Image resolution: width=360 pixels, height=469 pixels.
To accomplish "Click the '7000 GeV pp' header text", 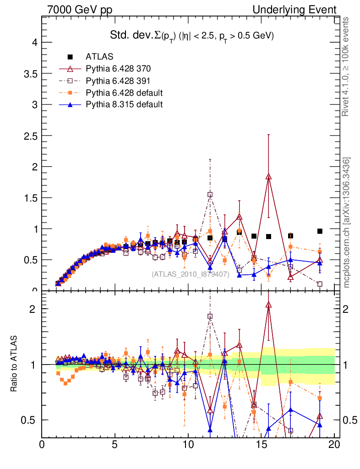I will tap(80, 10).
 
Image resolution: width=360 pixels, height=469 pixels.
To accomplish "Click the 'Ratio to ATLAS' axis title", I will tap(14, 365).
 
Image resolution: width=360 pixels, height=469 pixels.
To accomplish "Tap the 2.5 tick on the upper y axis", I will tap(31, 136).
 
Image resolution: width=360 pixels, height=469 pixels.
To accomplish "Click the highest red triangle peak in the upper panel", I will tap(268, 176).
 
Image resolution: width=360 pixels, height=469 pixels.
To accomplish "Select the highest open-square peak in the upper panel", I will tap(210, 195).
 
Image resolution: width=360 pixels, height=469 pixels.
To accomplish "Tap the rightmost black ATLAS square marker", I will tap(320, 231).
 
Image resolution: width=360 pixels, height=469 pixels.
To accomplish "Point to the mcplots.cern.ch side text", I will tap(347, 223).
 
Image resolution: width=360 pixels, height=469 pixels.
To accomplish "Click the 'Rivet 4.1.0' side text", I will tap(347, 66).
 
